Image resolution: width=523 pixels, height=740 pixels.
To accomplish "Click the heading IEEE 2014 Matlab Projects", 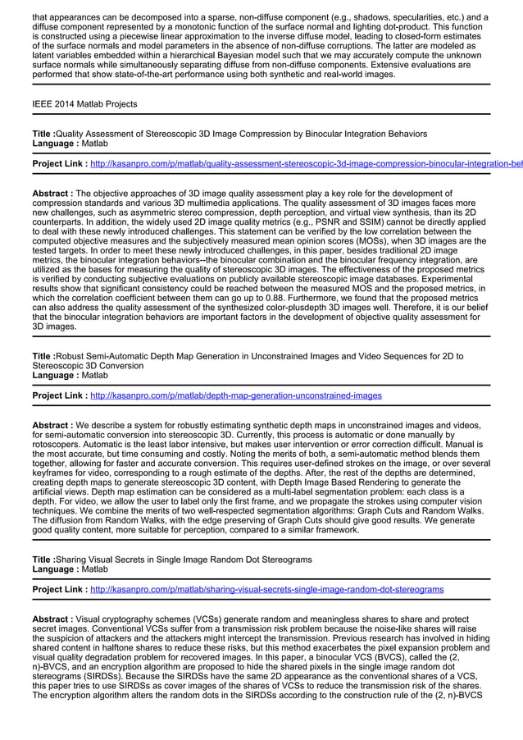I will (84, 104).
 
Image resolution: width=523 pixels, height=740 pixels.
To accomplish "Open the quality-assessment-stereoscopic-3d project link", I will (303, 164).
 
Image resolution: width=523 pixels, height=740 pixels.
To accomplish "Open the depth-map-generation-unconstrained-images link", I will (235, 395).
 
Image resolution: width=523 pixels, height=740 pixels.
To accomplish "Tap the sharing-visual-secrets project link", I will (266, 589).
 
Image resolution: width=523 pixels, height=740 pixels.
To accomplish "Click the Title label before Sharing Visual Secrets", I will (43, 559).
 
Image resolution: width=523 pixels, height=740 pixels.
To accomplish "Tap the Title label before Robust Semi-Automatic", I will (43, 356).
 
